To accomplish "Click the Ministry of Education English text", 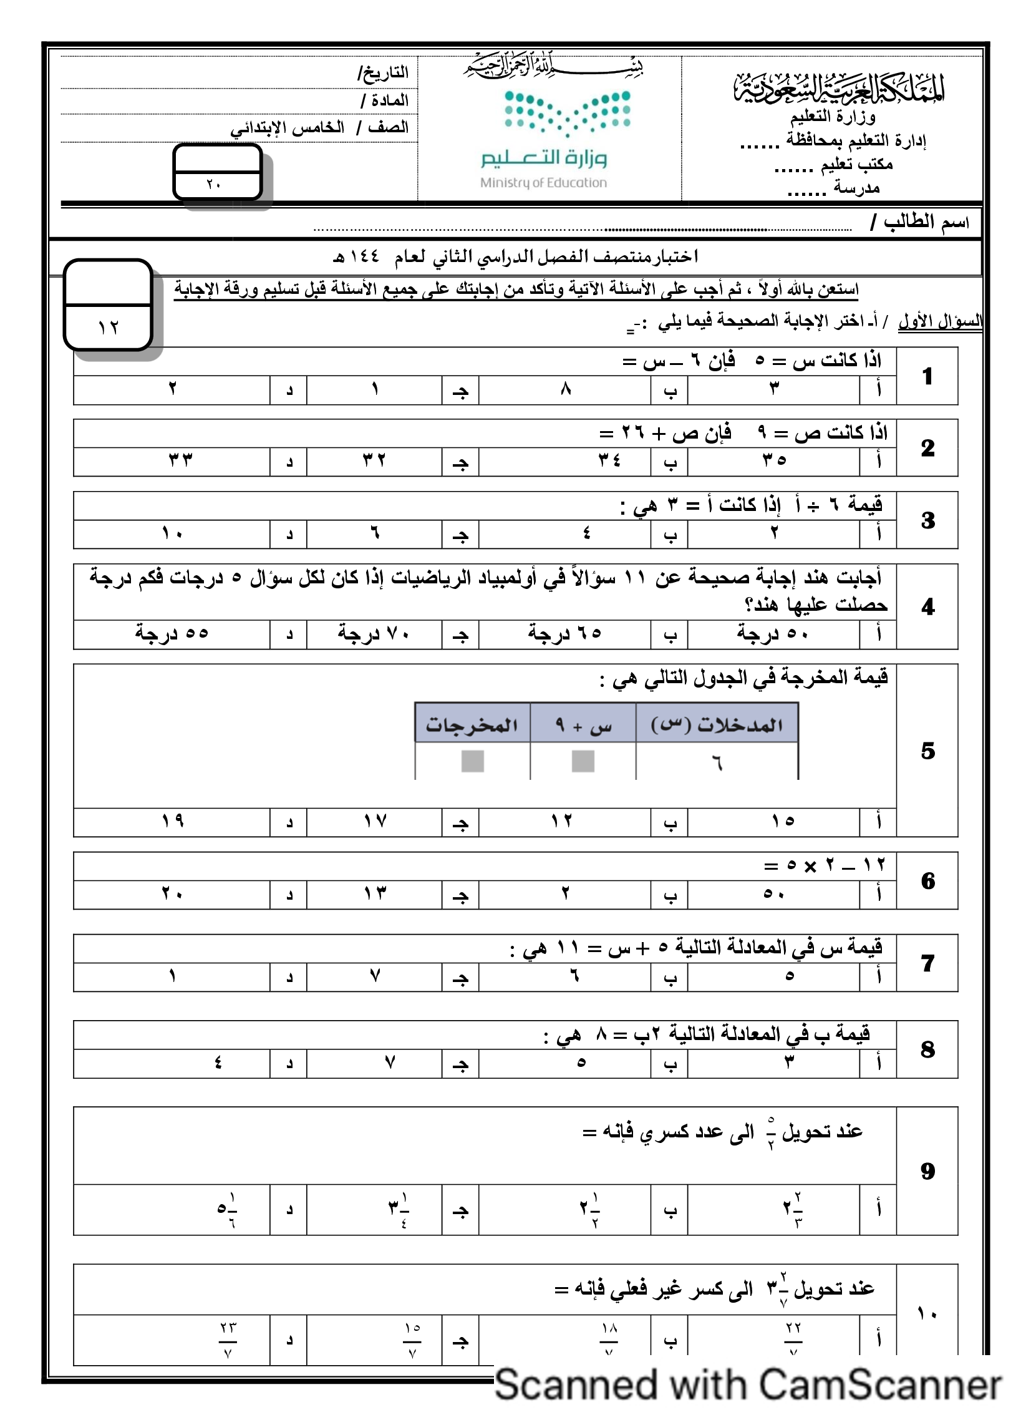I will (x=543, y=183).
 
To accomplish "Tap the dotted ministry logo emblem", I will (x=568, y=113).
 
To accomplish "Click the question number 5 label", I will (x=928, y=751).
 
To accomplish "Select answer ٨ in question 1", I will (x=566, y=389).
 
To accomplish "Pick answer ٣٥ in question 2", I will (x=774, y=460).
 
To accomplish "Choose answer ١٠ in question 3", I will (x=172, y=533).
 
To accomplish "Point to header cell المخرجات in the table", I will (x=472, y=726).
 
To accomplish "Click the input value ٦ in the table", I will (x=717, y=763).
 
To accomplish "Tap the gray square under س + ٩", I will (x=583, y=762).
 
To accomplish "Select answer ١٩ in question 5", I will (x=172, y=821).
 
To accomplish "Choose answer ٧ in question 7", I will (x=375, y=976).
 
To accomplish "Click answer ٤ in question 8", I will (x=218, y=1063).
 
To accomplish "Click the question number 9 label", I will (x=928, y=1170).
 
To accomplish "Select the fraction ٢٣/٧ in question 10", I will (x=228, y=1340).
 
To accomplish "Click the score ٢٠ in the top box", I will (x=213, y=184).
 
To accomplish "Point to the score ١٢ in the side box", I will (x=108, y=328).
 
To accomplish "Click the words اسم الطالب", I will (x=926, y=221).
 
